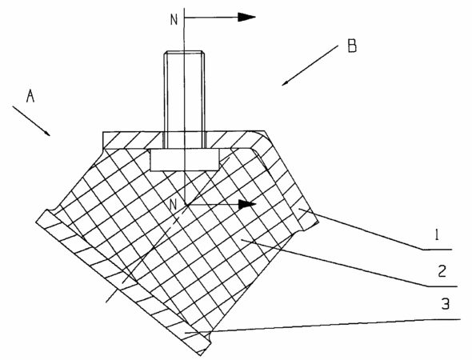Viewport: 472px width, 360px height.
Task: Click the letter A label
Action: click(30, 96)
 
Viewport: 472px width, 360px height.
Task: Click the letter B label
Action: click(352, 46)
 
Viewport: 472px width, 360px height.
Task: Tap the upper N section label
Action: click(174, 20)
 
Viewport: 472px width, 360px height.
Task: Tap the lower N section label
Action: click(173, 205)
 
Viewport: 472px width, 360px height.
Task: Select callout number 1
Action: click(437, 235)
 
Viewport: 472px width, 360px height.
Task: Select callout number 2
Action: click(442, 271)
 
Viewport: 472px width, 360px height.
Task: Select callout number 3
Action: click(446, 304)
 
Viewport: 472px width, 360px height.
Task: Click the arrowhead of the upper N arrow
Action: click(246, 17)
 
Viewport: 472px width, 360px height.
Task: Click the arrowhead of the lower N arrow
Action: click(247, 205)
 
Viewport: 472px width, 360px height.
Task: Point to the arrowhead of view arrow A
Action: click(46, 133)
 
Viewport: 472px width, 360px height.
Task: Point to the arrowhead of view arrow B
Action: click(286, 82)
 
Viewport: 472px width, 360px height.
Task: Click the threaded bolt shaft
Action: click(185, 99)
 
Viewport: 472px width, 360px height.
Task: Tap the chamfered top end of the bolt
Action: click(185, 53)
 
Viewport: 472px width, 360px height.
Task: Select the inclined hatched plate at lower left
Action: click(123, 282)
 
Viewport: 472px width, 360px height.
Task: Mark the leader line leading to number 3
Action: click(322, 326)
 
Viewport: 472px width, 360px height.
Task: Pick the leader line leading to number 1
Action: click(375, 229)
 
